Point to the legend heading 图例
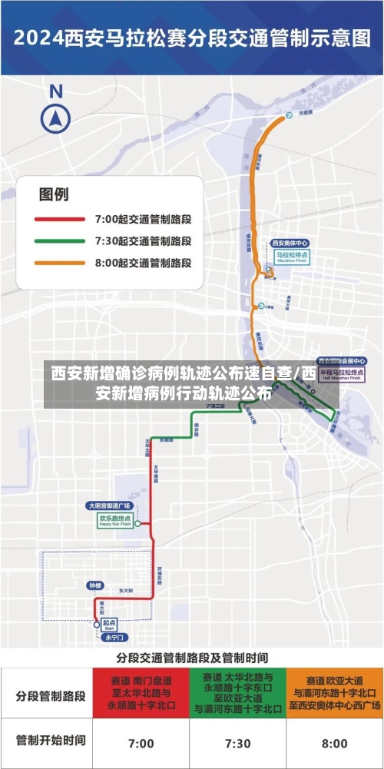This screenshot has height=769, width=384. pos(54,194)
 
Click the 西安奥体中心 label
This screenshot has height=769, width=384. pos(290,243)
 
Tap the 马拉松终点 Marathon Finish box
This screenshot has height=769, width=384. pos(292,256)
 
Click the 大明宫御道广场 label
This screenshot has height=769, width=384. pos(108,505)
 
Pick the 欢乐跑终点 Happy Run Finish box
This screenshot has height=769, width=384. pos(114,520)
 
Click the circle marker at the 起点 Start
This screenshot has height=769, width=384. pos(97,625)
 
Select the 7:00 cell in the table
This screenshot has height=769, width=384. pos(141,743)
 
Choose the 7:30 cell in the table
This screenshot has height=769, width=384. pos(237,743)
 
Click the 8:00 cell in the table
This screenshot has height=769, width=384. pos(334,743)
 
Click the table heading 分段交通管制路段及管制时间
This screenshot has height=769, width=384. pos(192,658)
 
